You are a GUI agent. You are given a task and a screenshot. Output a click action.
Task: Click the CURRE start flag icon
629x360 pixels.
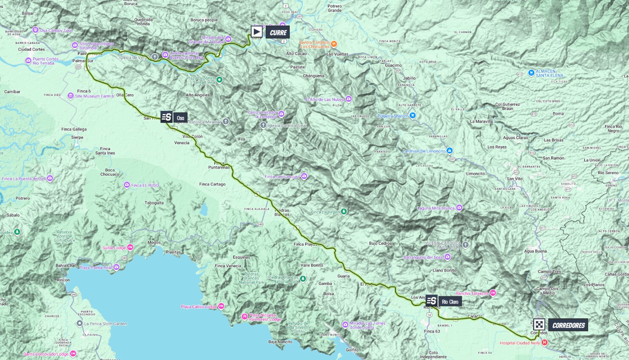pyautogui.click(x=257, y=32)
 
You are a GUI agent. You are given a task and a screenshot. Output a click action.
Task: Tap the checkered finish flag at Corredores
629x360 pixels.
pyautogui.click(x=539, y=325)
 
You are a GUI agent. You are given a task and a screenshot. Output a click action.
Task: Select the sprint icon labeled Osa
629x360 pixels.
pyautogui.click(x=166, y=117)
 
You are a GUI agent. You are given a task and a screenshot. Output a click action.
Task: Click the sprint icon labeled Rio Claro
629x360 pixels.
pyautogui.click(x=431, y=301)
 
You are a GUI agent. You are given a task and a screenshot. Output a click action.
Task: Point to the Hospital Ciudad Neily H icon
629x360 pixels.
pyautogui.click(x=544, y=343)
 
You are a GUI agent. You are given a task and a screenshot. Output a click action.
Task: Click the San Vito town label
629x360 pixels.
pyautogui.click(x=514, y=179)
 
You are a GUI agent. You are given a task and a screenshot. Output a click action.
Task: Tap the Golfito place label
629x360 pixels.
pyautogui.click(x=352, y=350)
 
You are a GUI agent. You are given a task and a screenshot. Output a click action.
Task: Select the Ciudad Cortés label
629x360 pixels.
pyautogui.click(x=31, y=50)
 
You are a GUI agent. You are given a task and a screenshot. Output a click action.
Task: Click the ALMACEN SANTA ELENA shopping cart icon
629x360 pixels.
pyautogui.click(x=532, y=73)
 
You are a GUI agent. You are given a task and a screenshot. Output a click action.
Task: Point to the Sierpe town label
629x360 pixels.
pyautogui.click(x=77, y=138)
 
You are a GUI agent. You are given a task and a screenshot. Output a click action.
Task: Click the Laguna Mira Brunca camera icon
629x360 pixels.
pyautogui.click(x=459, y=208)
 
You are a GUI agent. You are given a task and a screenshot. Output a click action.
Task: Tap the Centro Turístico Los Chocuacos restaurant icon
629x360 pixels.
pyautogui.click(x=334, y=44)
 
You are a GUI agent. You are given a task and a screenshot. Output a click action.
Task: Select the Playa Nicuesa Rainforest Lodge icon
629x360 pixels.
pyautogui.click(x=245, y=316)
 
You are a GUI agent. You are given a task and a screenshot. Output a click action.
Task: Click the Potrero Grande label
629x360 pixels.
pyautogui.click(x=335, y=8)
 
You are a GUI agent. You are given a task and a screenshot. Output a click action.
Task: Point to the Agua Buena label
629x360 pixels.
pyautogui.click(x=535, y=251)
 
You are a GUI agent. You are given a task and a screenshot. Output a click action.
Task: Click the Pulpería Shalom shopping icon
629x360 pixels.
pyautogui.click(x=412, y=116)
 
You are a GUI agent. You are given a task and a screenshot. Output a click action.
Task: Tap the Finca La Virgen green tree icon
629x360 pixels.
pyautogui.click(x=344, y=211)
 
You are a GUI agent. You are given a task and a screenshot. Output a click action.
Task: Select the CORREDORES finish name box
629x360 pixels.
pyautogui.click(x=568, y=325)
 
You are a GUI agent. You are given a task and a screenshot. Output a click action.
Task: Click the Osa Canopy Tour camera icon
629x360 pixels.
pyautogui.click(x=35, y=30)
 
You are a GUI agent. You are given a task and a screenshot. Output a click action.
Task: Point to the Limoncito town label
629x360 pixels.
pyautogui.click(x=475, y=174)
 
